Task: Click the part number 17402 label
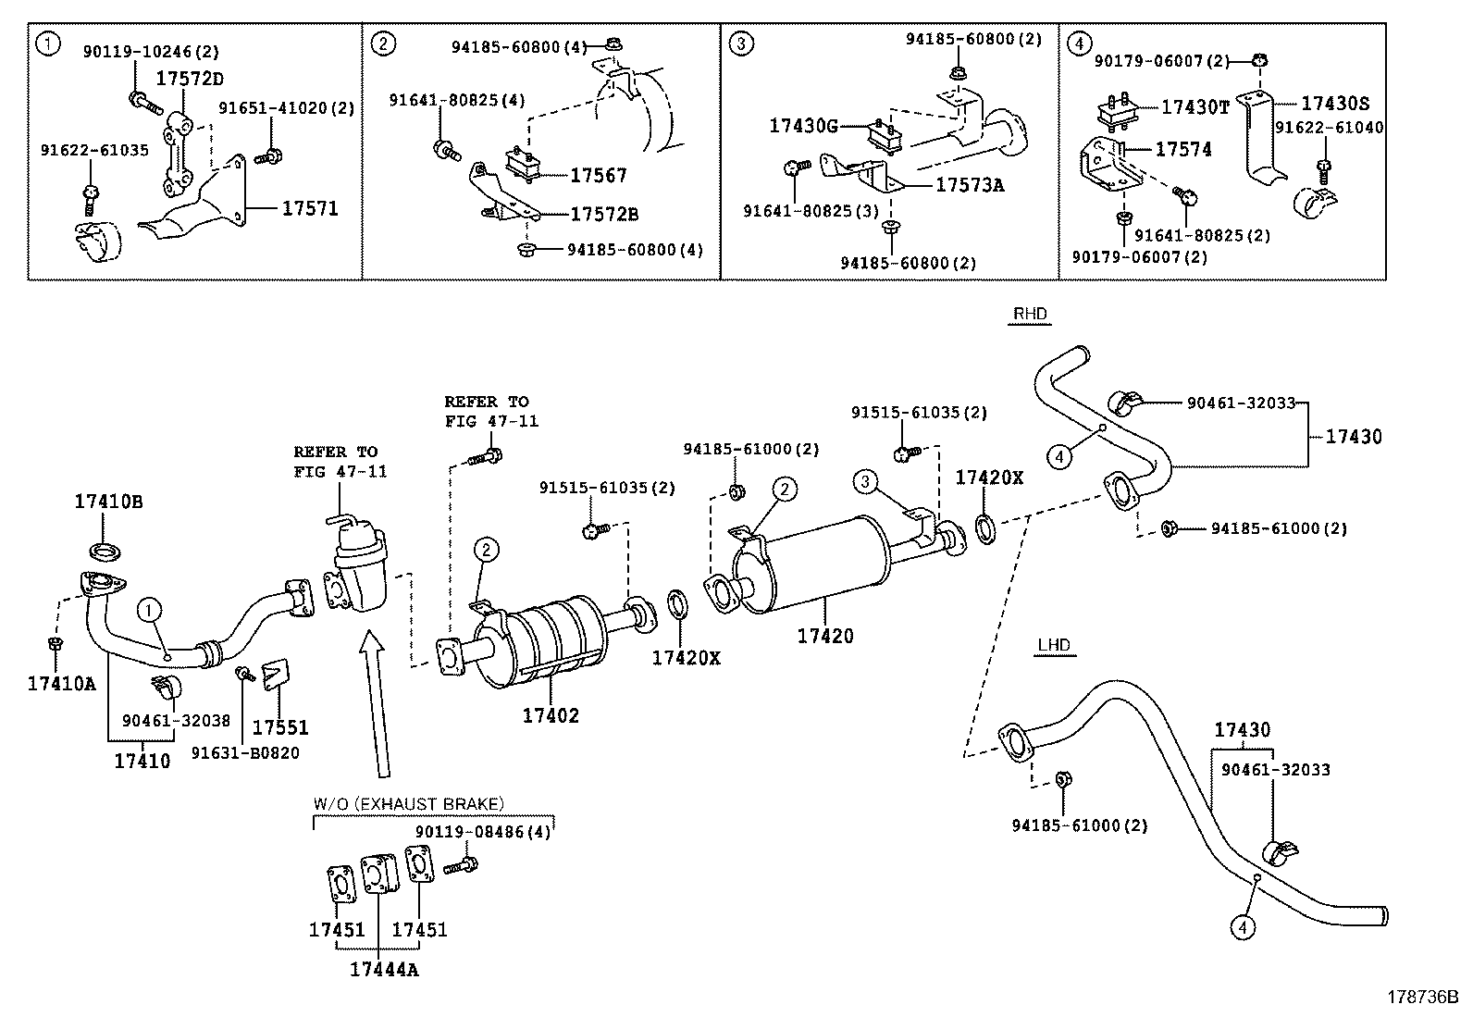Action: click(x=551, y=715)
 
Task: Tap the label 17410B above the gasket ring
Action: click(x=108, y=502)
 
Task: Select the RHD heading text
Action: click(x=1029, y=314)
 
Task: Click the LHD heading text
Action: click(x=1054, y=645)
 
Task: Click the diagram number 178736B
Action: click(x=1421, y=998)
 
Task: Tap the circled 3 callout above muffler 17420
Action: click(x=865, y=481)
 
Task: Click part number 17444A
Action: click(x=383, y=969)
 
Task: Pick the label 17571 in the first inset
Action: click(x=310, y=209)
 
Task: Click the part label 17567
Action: click(x=598, y=175)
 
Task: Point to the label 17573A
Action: click(x=969, y=185)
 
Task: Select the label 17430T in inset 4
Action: click(x=1194, y=107)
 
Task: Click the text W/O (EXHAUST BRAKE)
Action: click(x=408, y=803)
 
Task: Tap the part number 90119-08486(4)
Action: click(x=482, y=832)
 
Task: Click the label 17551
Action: click(x=280, y=728)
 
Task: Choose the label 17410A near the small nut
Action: click(x=61, y=683)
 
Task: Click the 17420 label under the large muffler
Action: click(x=825, y=636)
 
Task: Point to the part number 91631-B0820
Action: click(x=245, y=753)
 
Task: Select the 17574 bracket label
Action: click(x=1182, y=149)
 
